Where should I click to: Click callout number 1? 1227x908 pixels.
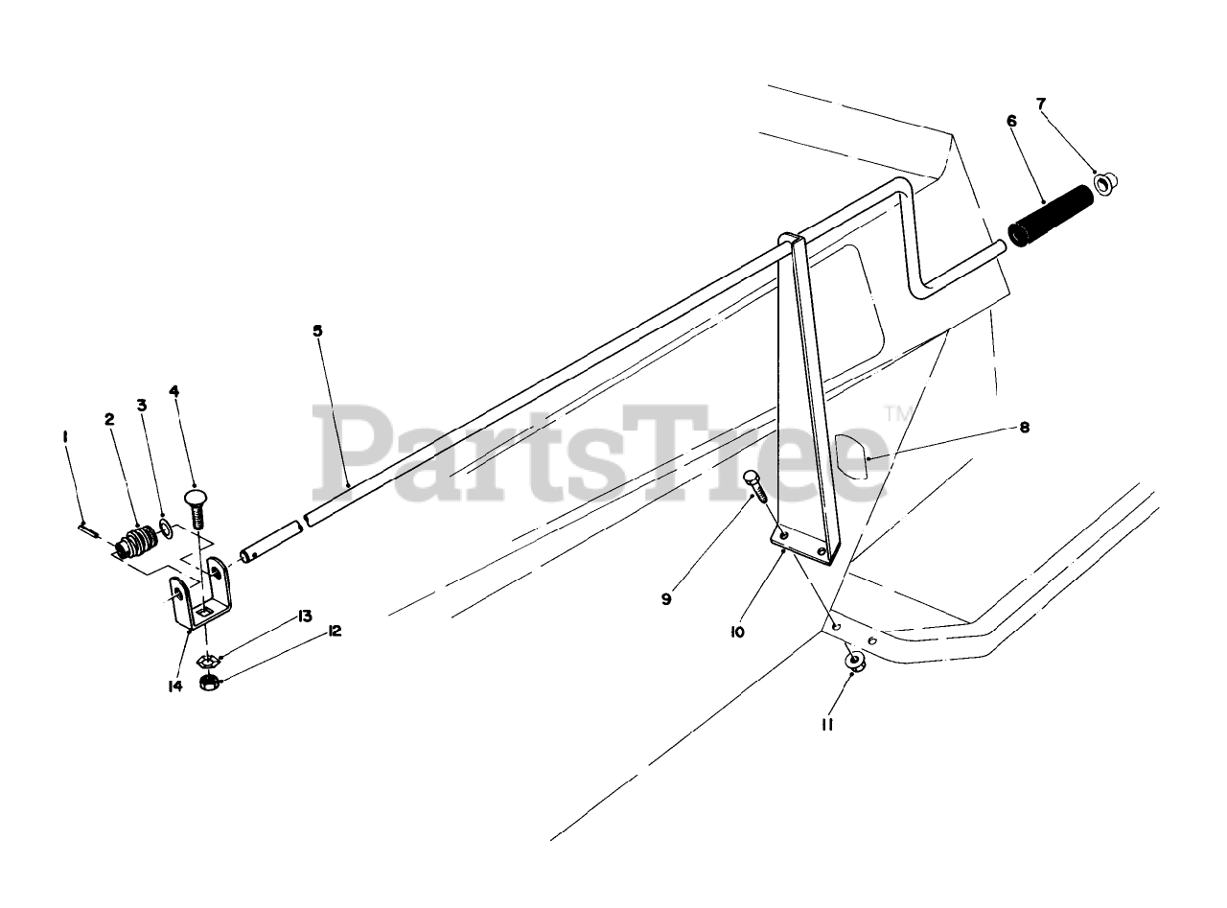click(x=65, y=436)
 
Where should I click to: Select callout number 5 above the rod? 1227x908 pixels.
click(x=317, y=331)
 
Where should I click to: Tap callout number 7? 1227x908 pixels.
click(x=1041, y=103)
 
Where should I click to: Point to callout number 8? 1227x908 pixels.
click(x=1025, y=428)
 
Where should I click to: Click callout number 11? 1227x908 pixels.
click(x=826, y=725)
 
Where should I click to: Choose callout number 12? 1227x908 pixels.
click(x=335, y=631)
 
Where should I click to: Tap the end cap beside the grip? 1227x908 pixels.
click(x=1105, y=182)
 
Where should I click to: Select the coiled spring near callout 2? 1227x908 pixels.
click(x=138, y=544)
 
